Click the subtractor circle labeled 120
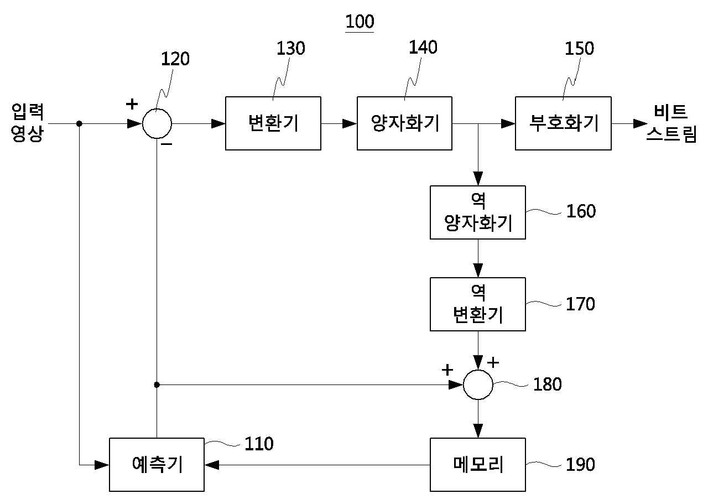tap(157, 109)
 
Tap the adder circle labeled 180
tap(478, 370)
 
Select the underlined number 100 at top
tap(360, 22)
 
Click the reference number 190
tap(580, 465)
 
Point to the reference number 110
tap(259, 444)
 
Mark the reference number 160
tap(581, 211)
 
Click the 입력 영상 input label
tap(28, 123)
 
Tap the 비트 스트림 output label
tap(671, 123)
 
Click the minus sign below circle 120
tap(166, 144)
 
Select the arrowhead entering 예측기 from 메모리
tap(212, 465)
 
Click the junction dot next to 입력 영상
tap(79, 123)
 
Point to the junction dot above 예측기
tap(157, 385)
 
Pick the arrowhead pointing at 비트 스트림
tap(641, 123)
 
